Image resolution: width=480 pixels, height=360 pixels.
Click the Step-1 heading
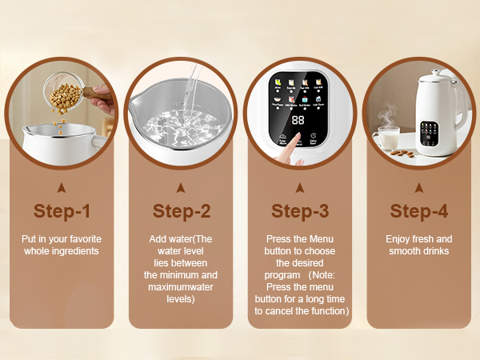click(x=62, y=211)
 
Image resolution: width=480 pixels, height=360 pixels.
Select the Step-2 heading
click(x=181, y=211)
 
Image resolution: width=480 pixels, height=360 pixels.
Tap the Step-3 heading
click(x=299, y=211)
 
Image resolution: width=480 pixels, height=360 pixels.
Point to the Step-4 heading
click(x=418, y=211)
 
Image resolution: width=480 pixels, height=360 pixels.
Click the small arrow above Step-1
click(x=62, y=188)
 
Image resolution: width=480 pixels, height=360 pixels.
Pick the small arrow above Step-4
click(x=418, y=188)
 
